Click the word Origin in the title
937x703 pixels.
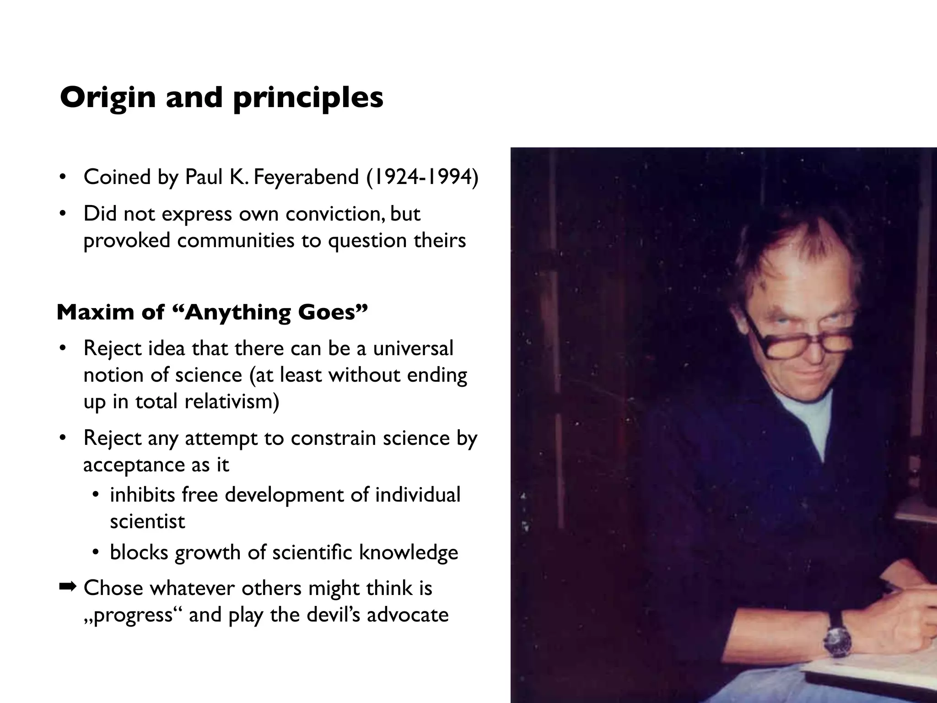pyautogui.click(x=108, y=97)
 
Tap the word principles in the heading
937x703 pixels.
pyautogui.click(x=308, y=98)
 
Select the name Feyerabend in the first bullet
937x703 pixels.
pyautogui.click(x=306, y=177)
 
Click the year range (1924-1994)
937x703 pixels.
pyautogui.click(x=422, y=177)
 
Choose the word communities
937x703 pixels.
pyautogui.click(x=236, y=241)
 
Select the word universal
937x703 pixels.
pyautogui.click(x=413, y=348)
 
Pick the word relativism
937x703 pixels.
pyautogui.click(x=232, y=402)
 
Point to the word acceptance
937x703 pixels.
pyautogui.click(x=134, y=465)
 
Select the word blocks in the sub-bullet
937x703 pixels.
pyautogui.click(x=139, y=552)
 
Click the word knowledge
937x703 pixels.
pyautogui.click(x=409, y=552)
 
